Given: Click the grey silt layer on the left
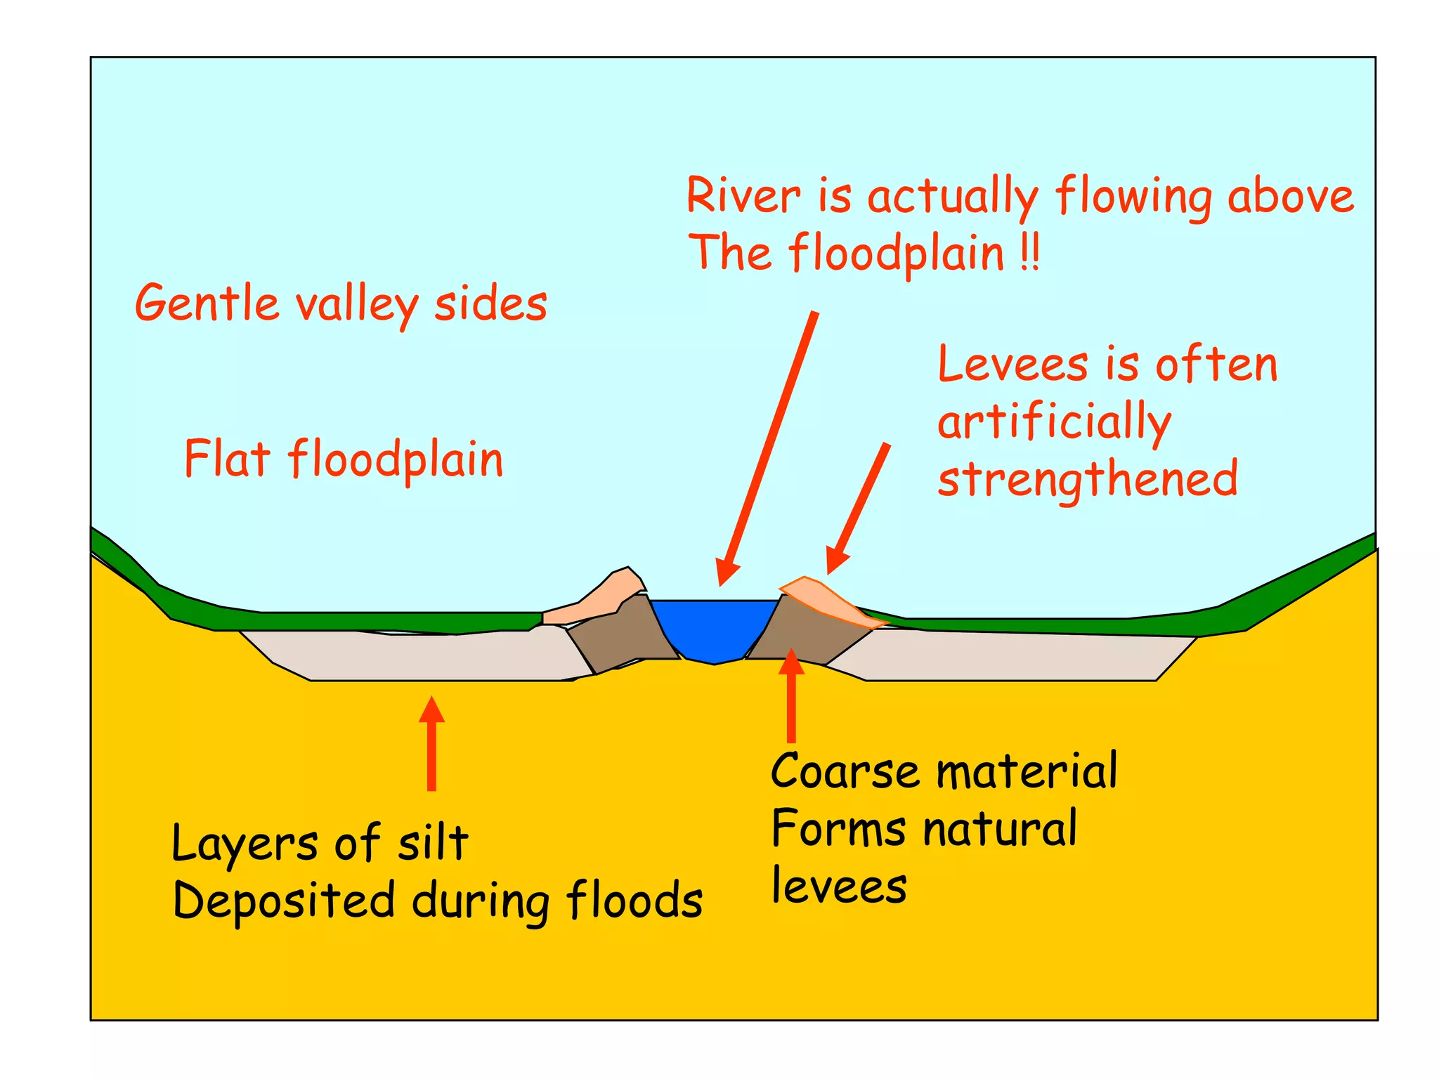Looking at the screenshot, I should coord(422,657).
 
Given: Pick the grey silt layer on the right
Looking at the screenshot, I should coord(1019,657).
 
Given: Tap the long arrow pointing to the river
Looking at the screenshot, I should coord(769,450).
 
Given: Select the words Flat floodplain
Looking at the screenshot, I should coord(344,459).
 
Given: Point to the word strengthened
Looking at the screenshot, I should coord(1087,480).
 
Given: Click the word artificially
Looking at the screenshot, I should coord(1054,424).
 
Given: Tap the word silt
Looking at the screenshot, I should coord(433,842).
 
